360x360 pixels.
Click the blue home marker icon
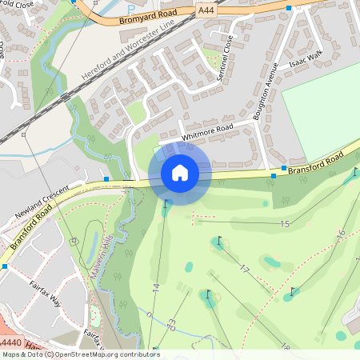tap(179, 172)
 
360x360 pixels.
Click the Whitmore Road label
tap(207, 132)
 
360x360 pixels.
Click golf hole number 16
tap(340, 234)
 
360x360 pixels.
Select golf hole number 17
tap(245, 269)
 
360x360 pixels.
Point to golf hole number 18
tap(285, 345)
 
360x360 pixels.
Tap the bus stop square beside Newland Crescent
tap(106, 178)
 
